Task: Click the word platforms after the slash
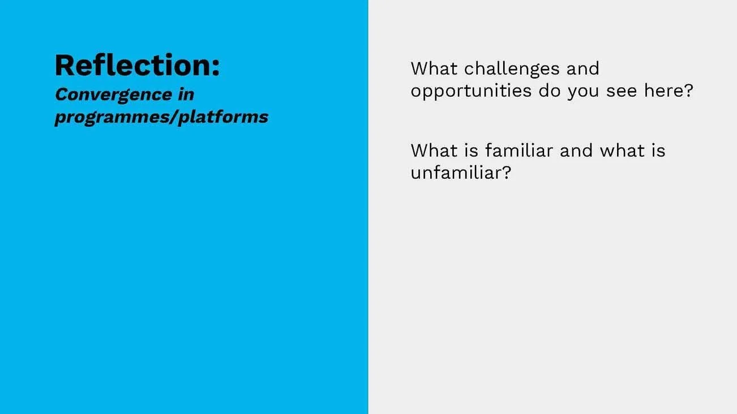224,117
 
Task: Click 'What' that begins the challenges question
434,68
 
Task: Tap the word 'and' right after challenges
582,68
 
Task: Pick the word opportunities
471,91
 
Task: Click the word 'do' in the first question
549,90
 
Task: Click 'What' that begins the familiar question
434,150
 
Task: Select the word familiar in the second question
519,150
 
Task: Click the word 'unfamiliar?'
460,172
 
